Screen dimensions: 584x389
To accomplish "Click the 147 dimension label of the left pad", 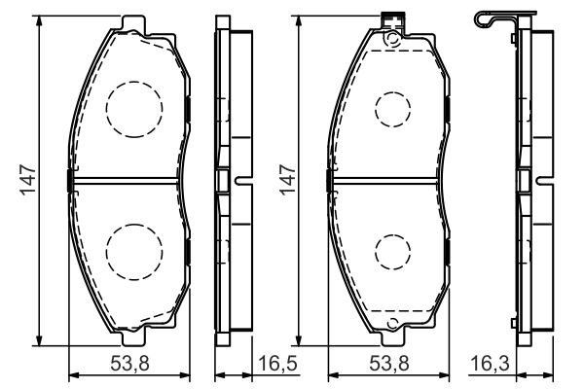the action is [x=28, y=180].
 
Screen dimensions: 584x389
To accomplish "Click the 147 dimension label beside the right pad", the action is [x=287, y=180].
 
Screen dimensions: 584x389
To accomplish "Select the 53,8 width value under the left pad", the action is [x=130, y=363].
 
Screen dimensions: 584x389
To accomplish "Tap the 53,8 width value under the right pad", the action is [x=389, y=363].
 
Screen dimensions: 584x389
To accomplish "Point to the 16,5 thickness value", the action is [x=277, y=363].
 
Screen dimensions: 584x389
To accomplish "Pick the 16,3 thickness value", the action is [x=490, y=363].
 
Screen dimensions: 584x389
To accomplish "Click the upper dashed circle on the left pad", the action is [x=134, y=109].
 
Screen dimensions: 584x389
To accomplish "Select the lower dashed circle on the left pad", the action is [x=134, y=252].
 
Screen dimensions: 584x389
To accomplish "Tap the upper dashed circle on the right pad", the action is [x=393, y=110].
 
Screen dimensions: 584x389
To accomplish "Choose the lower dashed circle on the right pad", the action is [x=393, y=252].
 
